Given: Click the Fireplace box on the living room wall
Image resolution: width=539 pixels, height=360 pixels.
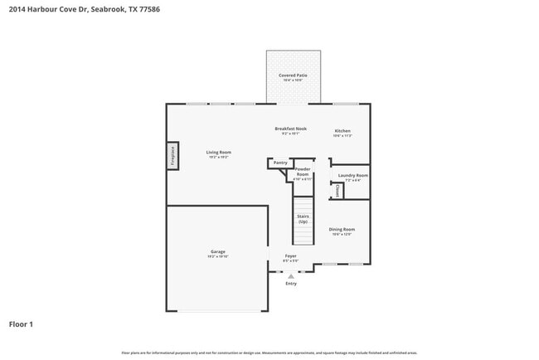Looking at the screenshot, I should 172,154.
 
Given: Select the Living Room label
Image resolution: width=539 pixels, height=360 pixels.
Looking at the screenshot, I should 219,153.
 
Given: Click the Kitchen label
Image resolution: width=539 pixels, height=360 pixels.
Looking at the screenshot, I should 342,132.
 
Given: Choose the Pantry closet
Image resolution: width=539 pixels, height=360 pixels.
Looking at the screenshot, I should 280,163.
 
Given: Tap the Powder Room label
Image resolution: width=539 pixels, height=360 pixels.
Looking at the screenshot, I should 303,174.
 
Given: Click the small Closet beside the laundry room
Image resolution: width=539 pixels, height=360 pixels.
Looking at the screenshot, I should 337,191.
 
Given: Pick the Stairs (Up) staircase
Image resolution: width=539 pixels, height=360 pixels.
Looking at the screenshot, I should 303,221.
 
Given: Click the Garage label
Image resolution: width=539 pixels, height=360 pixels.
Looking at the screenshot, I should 217,253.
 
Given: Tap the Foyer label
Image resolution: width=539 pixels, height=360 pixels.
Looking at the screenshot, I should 291,257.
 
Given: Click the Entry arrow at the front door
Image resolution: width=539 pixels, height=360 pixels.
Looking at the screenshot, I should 290,275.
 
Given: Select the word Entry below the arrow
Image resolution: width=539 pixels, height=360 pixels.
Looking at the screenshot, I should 291,284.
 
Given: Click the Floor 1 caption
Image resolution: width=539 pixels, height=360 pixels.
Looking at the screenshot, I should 21,324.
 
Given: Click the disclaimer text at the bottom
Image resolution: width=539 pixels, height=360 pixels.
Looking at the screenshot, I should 269,353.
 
